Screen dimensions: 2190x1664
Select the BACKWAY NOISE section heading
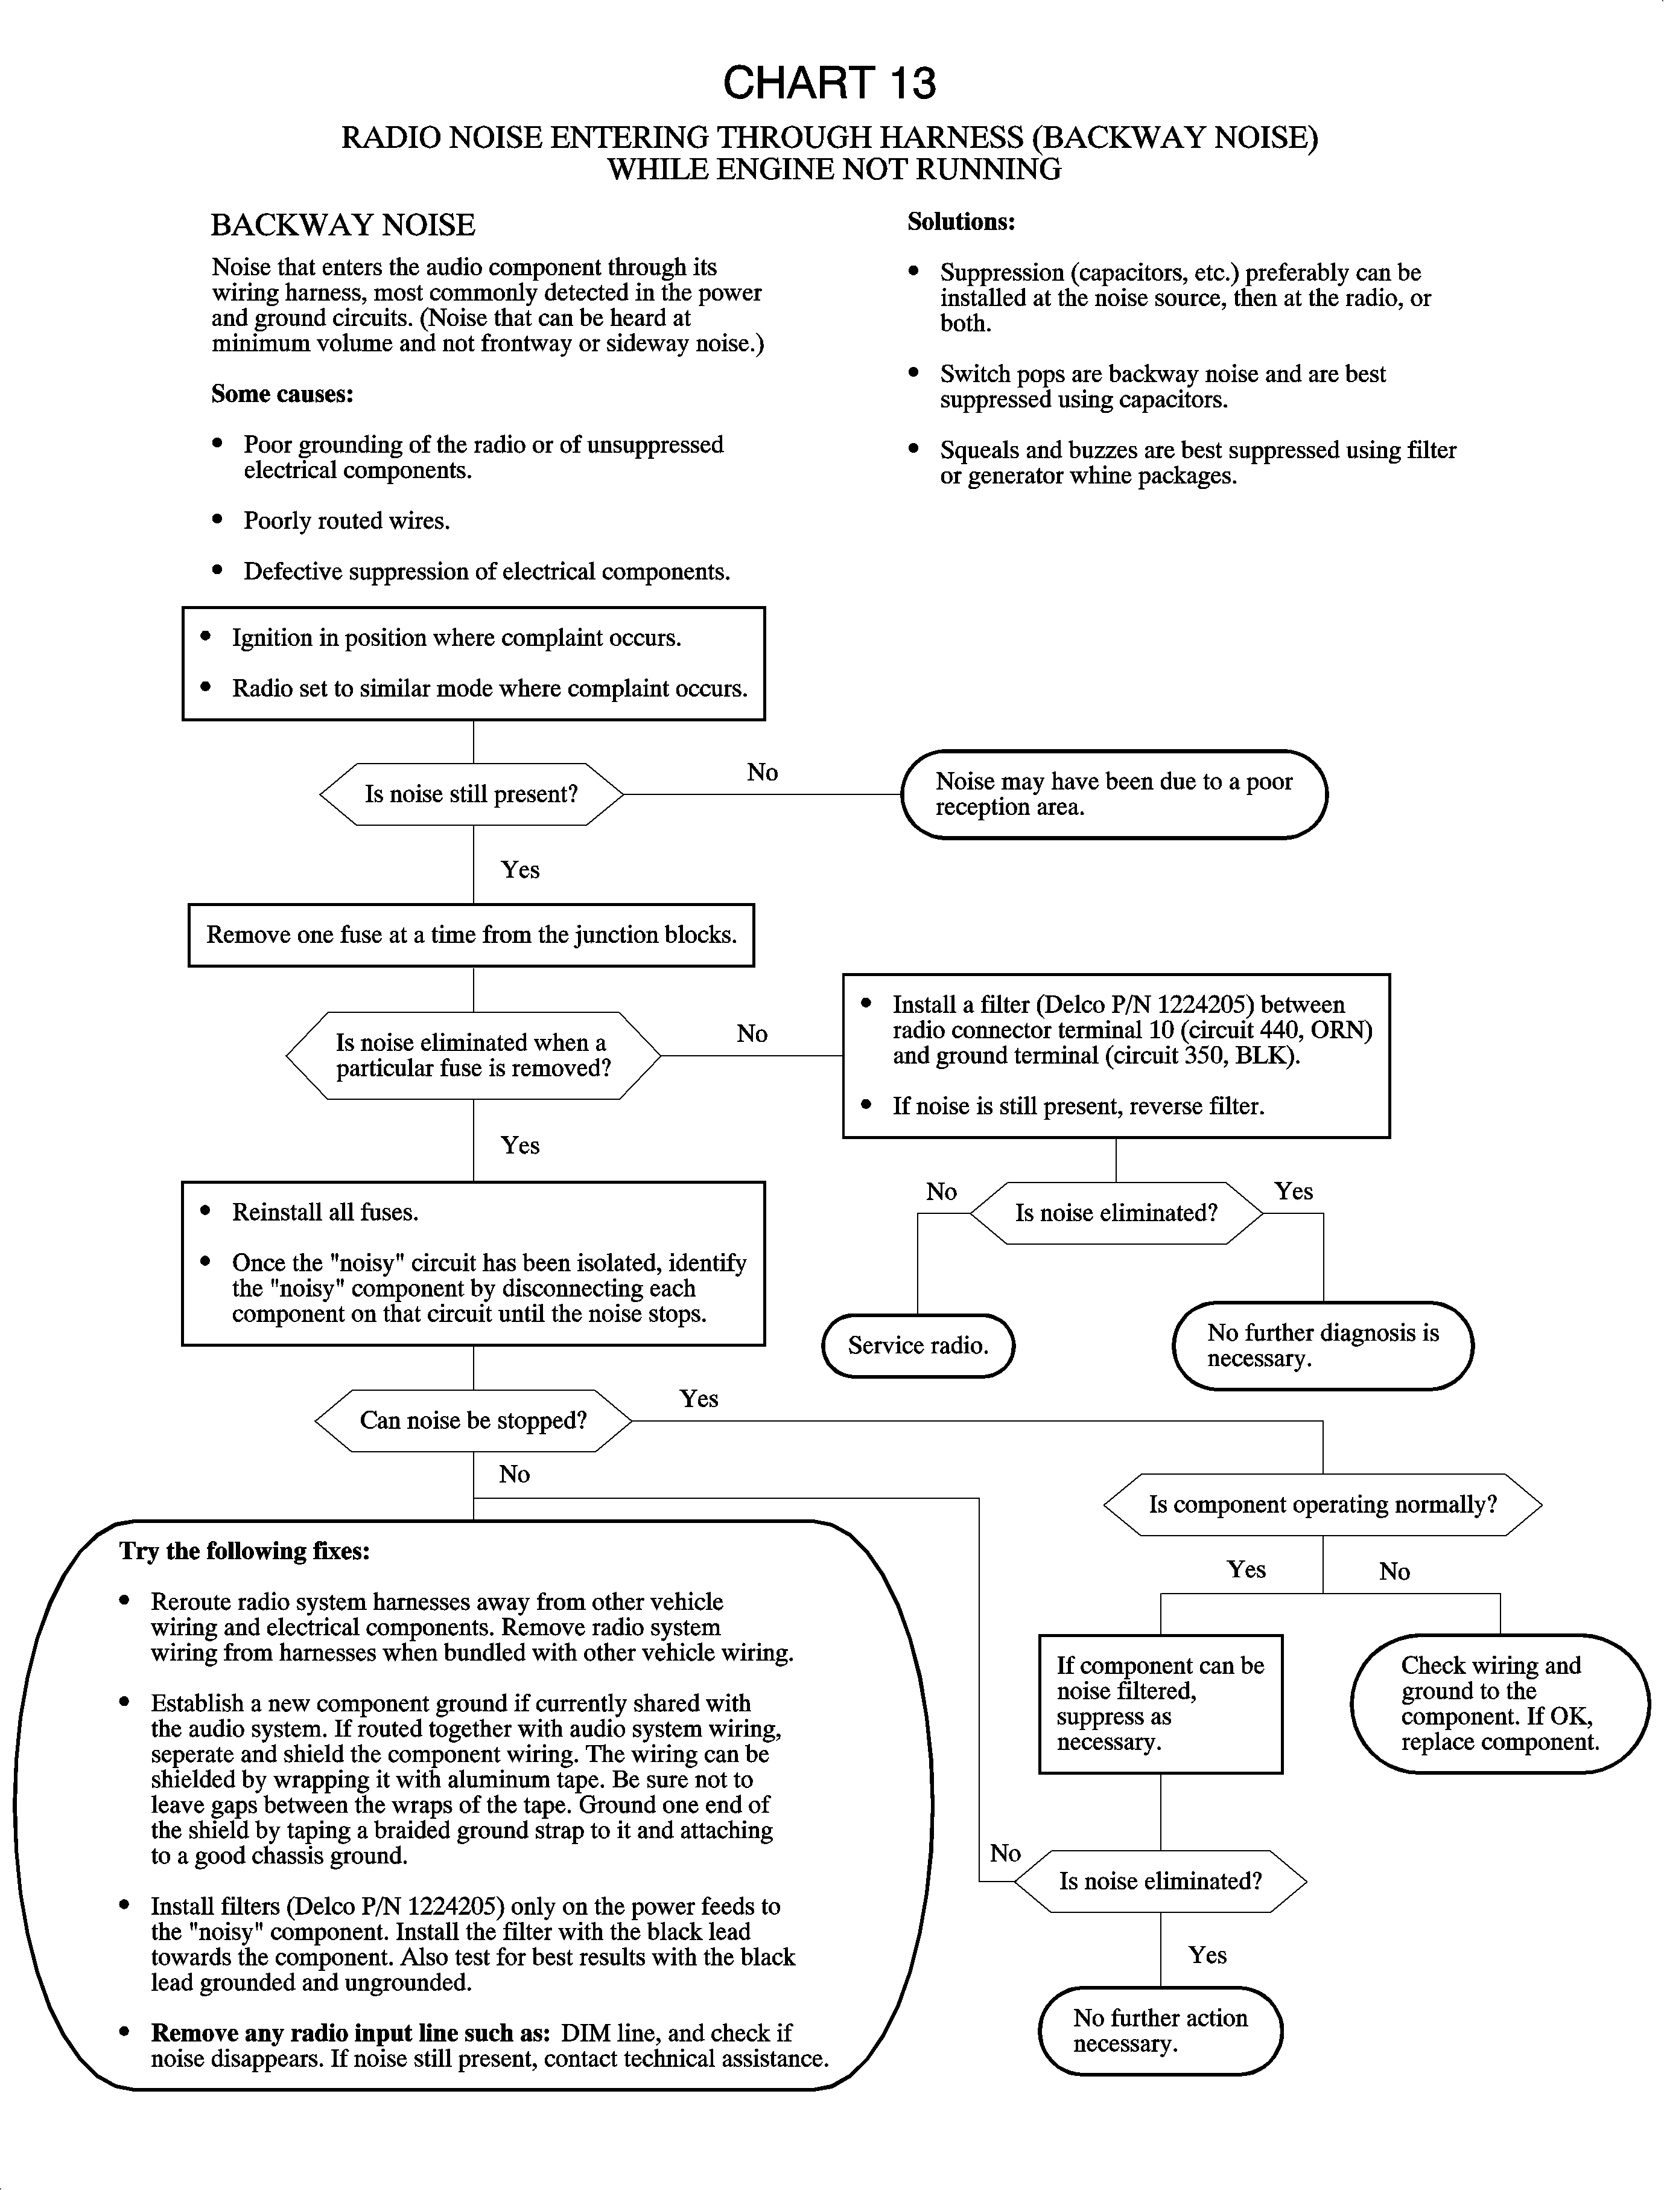(343, 225)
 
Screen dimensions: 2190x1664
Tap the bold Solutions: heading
(961, 222)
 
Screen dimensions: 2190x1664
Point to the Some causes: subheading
(282, 394)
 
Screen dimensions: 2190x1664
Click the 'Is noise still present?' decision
(471, 794)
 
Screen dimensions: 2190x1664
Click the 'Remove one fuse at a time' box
(471, 934)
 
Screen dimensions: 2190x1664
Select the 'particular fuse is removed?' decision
(472, 1055)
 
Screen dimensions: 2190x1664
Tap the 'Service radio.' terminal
(918, 1346)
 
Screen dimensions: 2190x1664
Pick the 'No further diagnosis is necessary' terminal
(1323, 1346)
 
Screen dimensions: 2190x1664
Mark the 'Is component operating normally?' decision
(1323, 1504)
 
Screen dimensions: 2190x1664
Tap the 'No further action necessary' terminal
(1160, 2031)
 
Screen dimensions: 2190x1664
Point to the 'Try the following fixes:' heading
(244, 1551)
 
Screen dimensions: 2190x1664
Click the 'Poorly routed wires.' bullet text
(347, 521)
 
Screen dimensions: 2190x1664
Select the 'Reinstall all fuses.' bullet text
(325, 1212)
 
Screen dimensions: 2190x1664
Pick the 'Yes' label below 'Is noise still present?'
(520, 870)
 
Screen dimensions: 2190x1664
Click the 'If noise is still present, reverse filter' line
(1078, 1106)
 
